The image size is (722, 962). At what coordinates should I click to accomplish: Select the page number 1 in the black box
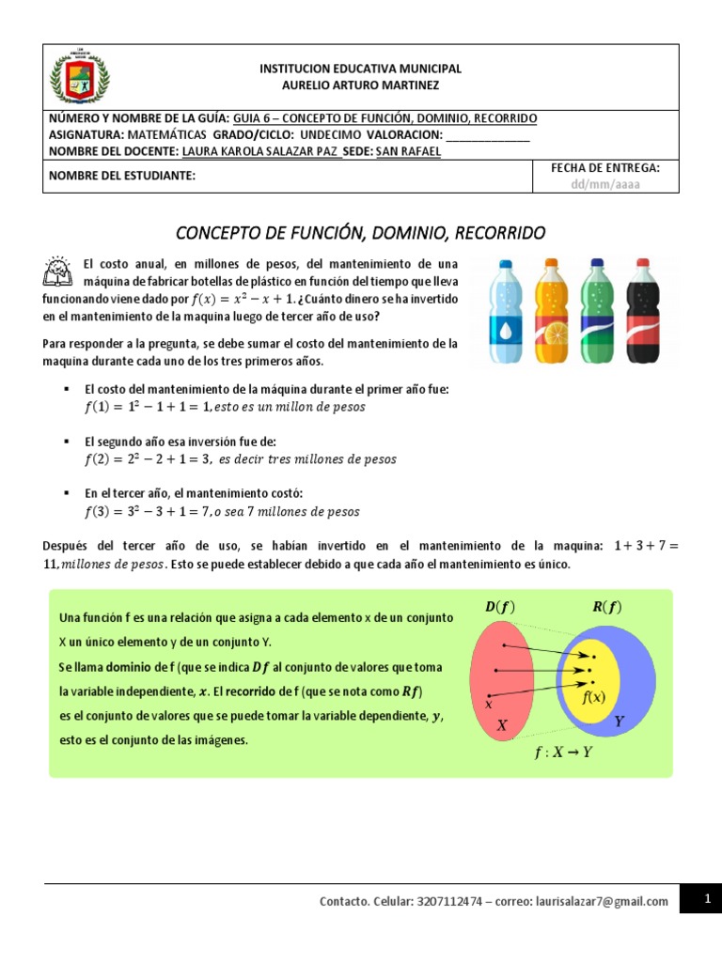(x=705, y=900)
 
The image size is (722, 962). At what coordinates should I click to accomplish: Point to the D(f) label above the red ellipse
(x=500, y=608)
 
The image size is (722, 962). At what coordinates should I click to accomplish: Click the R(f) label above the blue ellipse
(x=606, y=608)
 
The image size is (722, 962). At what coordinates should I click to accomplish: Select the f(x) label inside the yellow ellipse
(x=593, y=696)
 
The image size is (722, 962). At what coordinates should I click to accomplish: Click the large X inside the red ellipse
(x=502, y=725)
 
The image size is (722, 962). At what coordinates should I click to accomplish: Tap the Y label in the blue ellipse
(x=619, y=721)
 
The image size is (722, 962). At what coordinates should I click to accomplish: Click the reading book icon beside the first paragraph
(x=57, y=271)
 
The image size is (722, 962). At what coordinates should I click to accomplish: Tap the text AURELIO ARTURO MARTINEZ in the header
(x=361, y=85)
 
